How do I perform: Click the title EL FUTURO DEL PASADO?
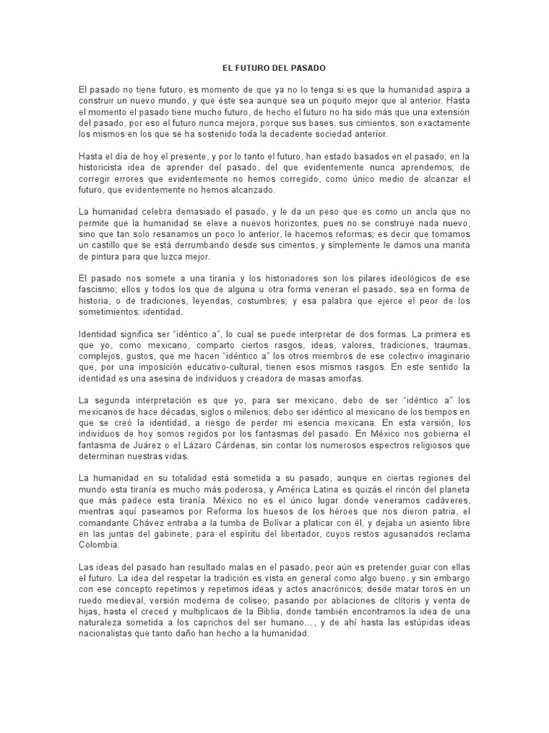pyautogui.click(x=274, y=68)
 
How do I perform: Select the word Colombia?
pyautogui.click(x=101, y=543)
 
